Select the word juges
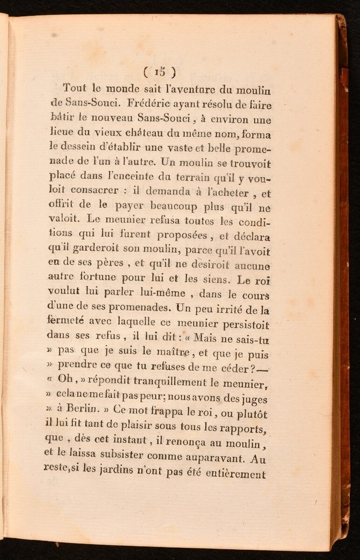click(253, 399)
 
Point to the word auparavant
click(213, 459)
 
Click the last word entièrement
click(230, 474)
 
